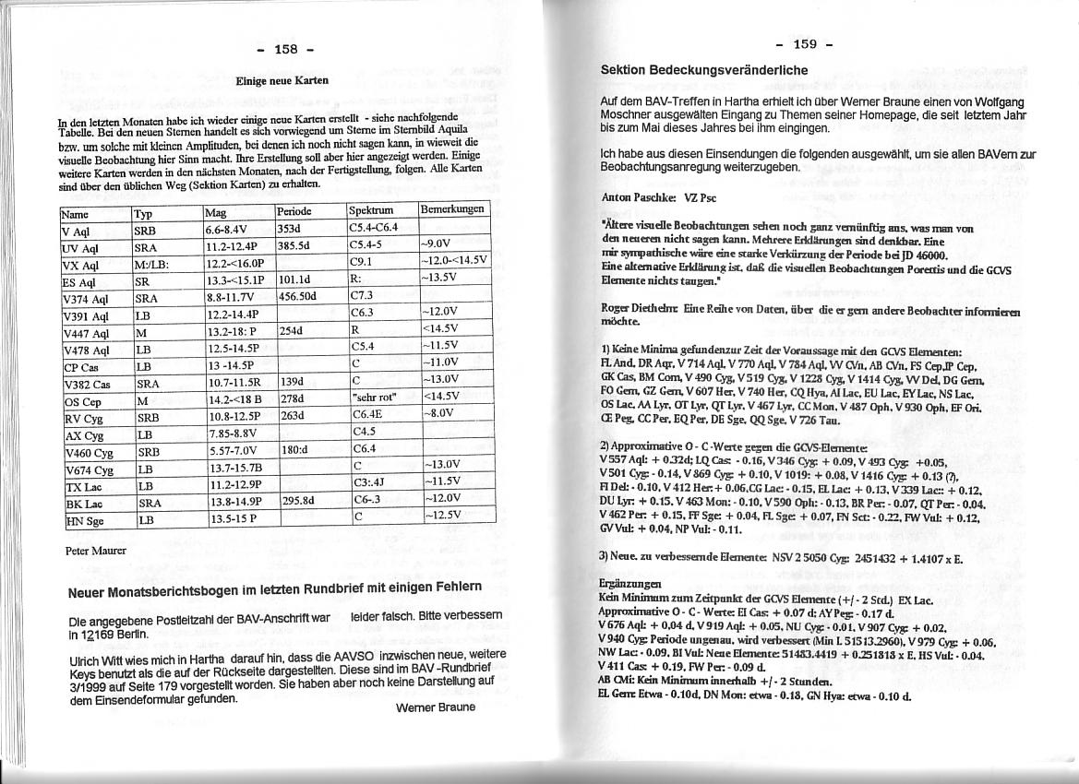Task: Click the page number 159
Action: click(x=804, y=43)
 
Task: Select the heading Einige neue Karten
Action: click(x=282, y=80)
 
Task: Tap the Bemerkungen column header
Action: click(x=452, y=209)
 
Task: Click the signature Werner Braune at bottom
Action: click(x=435, y=707)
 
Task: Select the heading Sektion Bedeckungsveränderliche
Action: click(x=703, y=70)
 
